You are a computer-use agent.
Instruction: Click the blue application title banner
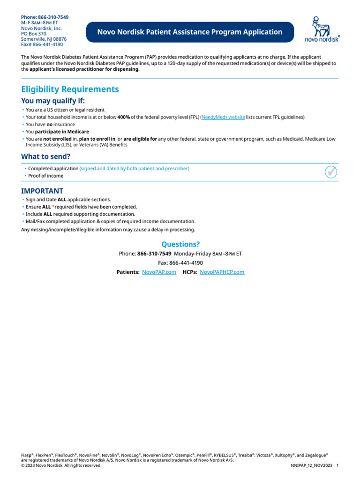point(190,32)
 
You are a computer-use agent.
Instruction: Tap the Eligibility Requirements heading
point(70,89)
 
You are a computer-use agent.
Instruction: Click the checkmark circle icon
point(331,172)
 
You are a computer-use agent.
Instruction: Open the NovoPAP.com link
point(159,272)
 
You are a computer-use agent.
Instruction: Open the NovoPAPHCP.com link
point(222,272)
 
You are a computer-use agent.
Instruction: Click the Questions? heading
point(180,244)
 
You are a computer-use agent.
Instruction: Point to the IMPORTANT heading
point(42,191)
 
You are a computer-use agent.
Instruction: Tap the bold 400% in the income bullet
point(124,117)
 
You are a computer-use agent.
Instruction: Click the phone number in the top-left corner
point(45,17)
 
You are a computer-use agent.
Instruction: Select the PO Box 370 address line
point(34,34)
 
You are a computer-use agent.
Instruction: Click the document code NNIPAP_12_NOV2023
point(311,465)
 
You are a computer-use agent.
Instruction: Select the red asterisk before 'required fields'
point(53,207)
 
